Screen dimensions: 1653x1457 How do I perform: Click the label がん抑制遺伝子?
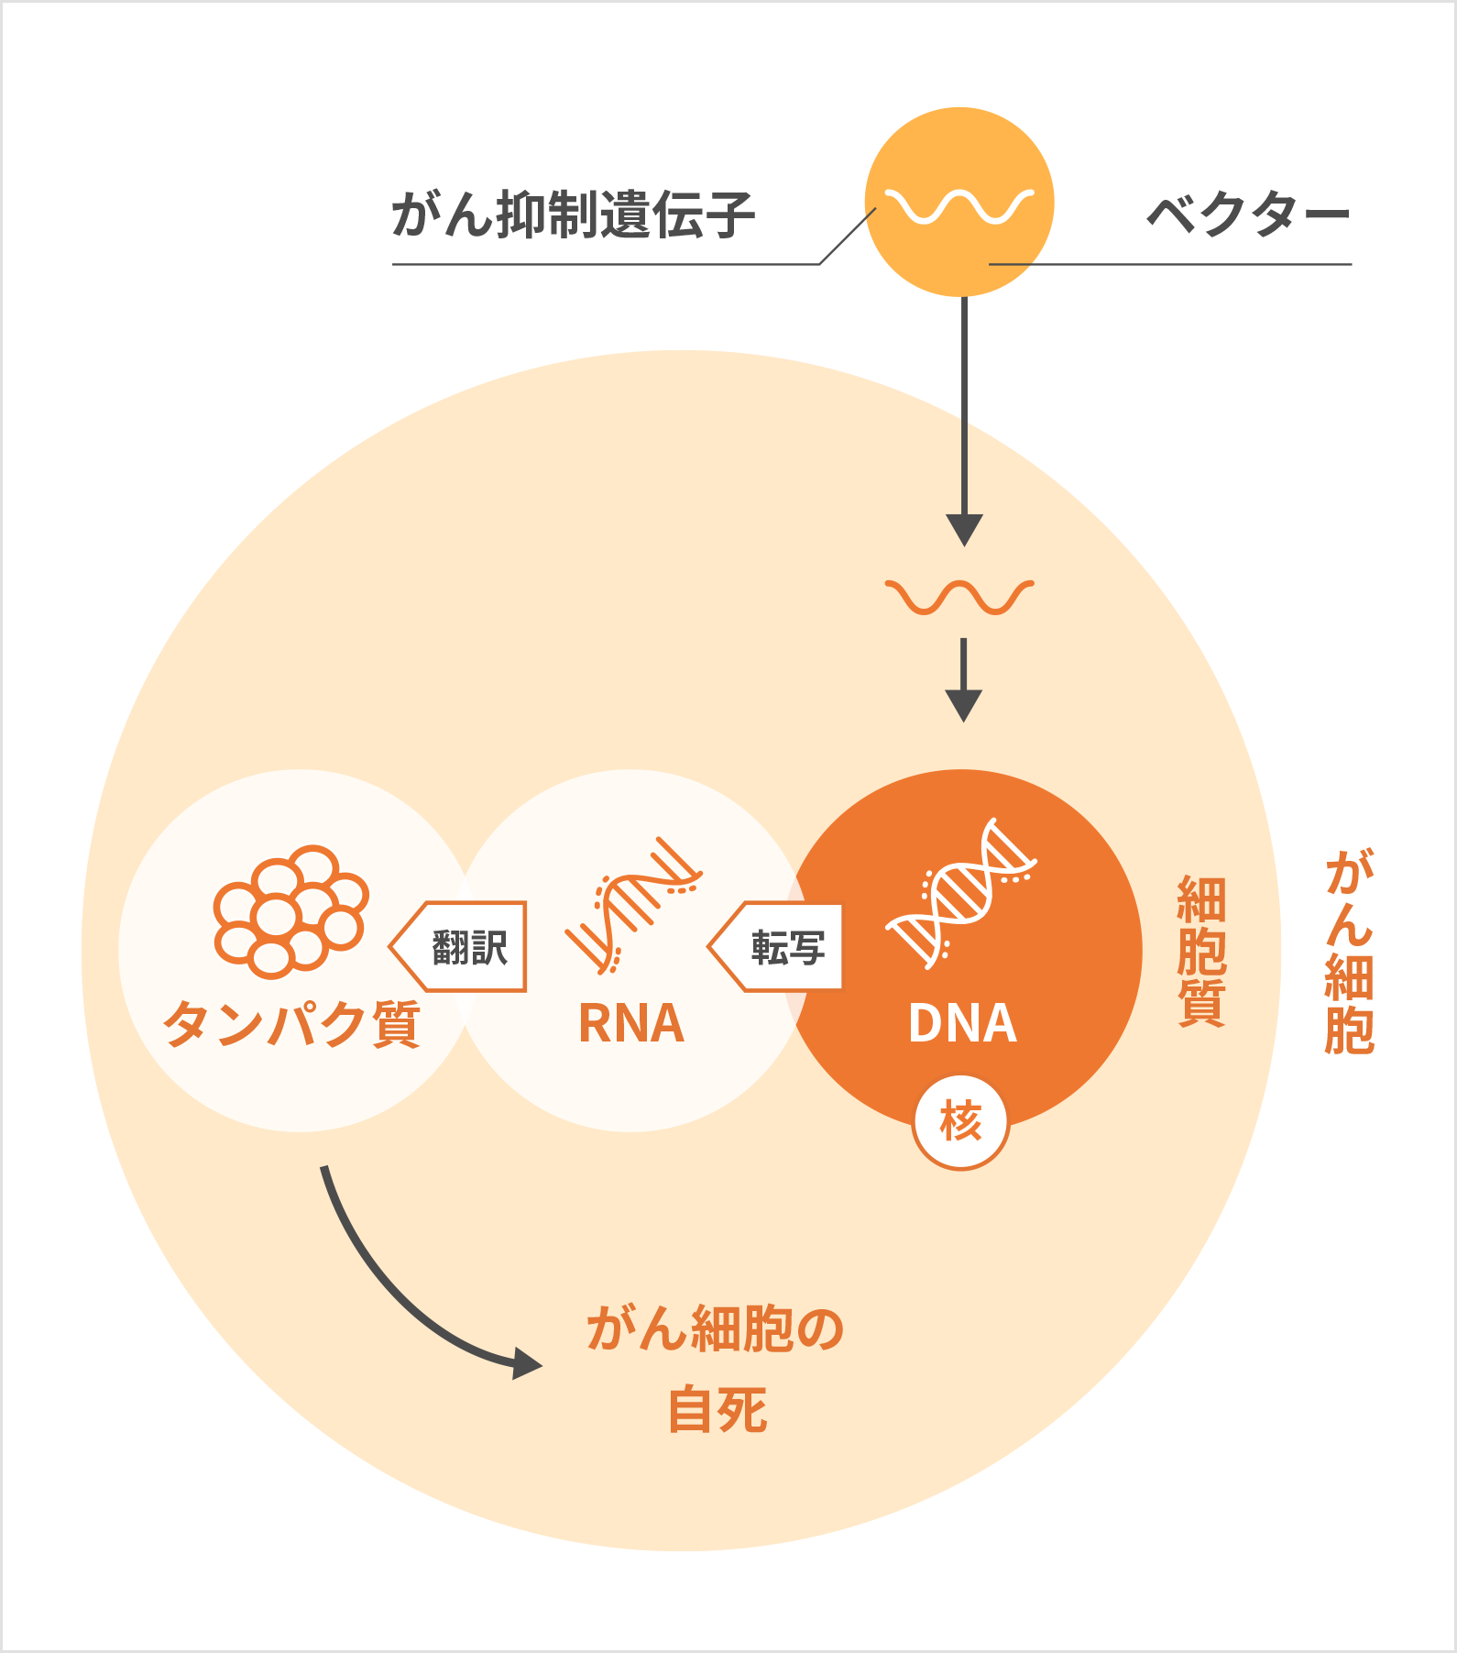(x=574, y=215)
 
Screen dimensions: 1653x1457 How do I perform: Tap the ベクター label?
(x=1248, y=215)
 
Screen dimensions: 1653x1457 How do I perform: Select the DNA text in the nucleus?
(x=962, y=1023)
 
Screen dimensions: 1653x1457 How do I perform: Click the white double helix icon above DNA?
(x=960, y=893)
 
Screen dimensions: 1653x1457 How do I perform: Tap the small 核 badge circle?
(x=960, y=1122)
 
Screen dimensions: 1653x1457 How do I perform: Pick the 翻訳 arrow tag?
(x=461, y=947)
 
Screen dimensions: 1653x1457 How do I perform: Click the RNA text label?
(x=631, y=1023)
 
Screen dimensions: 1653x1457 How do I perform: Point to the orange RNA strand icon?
(x=632, y=904)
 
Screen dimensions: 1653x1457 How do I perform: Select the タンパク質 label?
(x=291, y=1023)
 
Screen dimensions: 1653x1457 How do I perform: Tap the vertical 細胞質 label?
(x=1200, y=951)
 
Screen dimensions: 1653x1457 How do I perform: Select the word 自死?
(x=718, y=1410)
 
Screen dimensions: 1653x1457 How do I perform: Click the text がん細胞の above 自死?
(x=715, y=1329)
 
